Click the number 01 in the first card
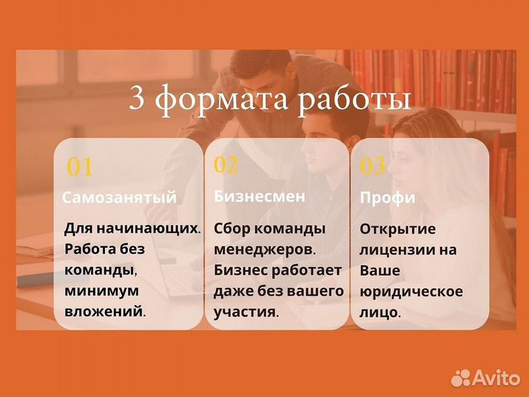pyautogui.click(x=79, y=168)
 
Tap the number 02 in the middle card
pyautogui.click(x=226, y=165)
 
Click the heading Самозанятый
pyautogui.click(x=119, y=197)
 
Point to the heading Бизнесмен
pyautogui.click(x=259, y=196)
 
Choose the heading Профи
pyautogui.click(x=387, y=198)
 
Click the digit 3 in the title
pyautogui.click(x=137, y=99)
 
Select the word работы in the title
pyautogui.click(x=353, y=100)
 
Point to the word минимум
pyautogui.click(x=101, y=290)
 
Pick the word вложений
pyautogui.click(x=104, y=311)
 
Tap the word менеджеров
pyautogui.click(x=265, y=249)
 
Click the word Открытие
pyautogui.click(x=397, y=228)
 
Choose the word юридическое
pyautogui.click(x=411, y=291)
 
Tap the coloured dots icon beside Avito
pyautogui.click(x=461, y=377)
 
